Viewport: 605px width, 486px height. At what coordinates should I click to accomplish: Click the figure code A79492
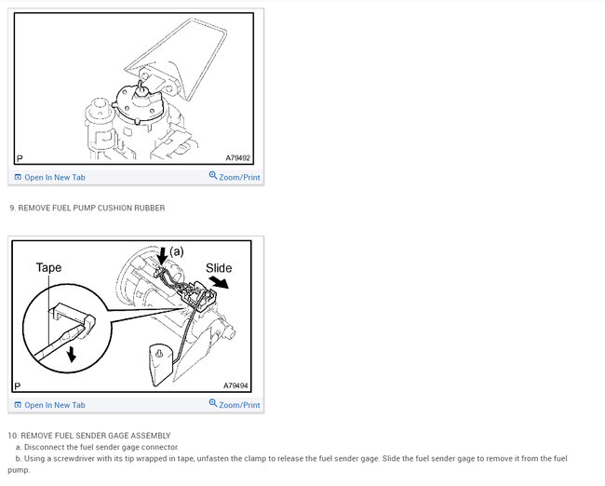tap(237, 158)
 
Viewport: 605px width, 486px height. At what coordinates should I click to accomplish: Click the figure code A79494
tap(235, 385)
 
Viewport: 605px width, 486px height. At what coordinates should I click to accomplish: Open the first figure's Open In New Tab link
tap(49, 178)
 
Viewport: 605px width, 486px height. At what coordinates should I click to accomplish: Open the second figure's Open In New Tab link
tap(49, 405)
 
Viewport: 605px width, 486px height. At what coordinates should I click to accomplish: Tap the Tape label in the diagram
tap(48, 267)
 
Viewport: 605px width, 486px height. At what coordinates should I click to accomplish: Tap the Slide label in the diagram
tap(219, 268)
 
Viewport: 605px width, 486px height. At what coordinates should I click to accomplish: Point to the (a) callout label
tap(177, 251)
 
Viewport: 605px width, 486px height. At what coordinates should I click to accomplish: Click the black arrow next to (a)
tap(163, 255)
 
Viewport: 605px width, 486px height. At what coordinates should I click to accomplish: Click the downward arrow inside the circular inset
tap(71, 354)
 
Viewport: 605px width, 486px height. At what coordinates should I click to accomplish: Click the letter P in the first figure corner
tap(20, 158)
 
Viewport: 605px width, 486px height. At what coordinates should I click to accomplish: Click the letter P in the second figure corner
tap(18, 386)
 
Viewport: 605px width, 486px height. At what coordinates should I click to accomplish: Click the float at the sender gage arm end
tap(161, 364)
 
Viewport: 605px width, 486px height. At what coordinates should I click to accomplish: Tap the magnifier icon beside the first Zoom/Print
tap(213, 176)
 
